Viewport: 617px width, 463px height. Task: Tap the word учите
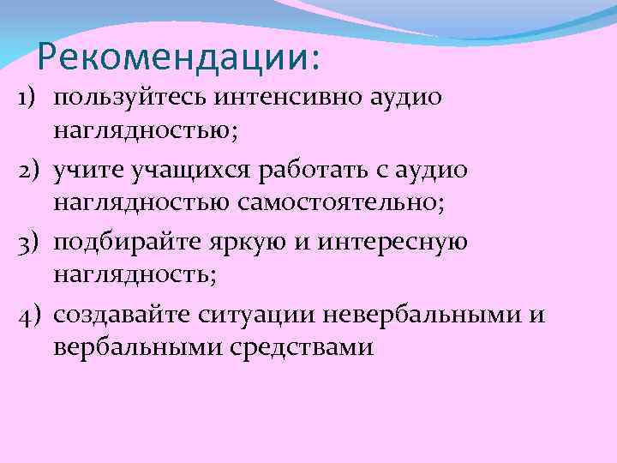(x=86, y=171)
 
